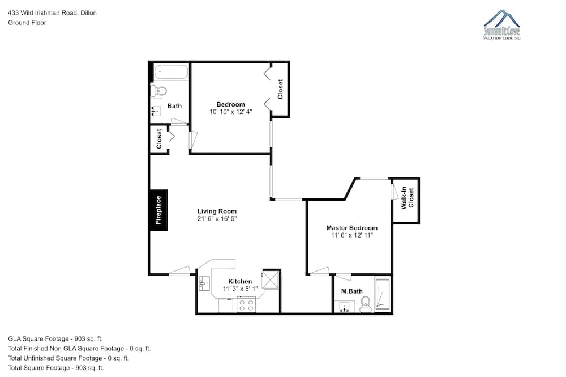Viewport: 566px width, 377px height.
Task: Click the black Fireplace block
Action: (158, 210)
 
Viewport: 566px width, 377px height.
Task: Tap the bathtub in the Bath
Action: (171, 72)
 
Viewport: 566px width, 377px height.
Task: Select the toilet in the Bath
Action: (158, 90)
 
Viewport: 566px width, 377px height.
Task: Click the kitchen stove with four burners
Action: (246, 304)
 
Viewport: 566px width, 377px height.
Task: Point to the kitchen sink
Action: (204, 283)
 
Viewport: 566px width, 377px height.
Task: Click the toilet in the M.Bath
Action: (366, 304)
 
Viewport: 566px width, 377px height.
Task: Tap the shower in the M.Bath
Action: (382, 294)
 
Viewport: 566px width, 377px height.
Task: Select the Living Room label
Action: (217, 211)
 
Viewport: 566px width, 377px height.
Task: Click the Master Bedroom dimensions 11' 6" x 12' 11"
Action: (352, 235)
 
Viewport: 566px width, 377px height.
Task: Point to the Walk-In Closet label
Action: (408, 198)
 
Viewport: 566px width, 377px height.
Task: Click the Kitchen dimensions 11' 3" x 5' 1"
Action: (240, 289)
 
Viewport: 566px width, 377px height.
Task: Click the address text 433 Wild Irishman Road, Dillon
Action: (52, 13)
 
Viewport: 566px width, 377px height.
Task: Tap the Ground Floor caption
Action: (27, 23)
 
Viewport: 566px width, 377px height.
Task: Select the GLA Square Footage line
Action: (55, 338)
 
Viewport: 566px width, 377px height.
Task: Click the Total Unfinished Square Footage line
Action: (68, 358)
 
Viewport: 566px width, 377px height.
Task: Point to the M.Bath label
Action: (352, 291)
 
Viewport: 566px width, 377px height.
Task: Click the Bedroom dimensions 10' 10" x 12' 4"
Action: (231, 112)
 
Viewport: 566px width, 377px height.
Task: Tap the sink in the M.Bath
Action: (345, 307)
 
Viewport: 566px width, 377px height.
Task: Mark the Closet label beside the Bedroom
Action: (280, 89)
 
